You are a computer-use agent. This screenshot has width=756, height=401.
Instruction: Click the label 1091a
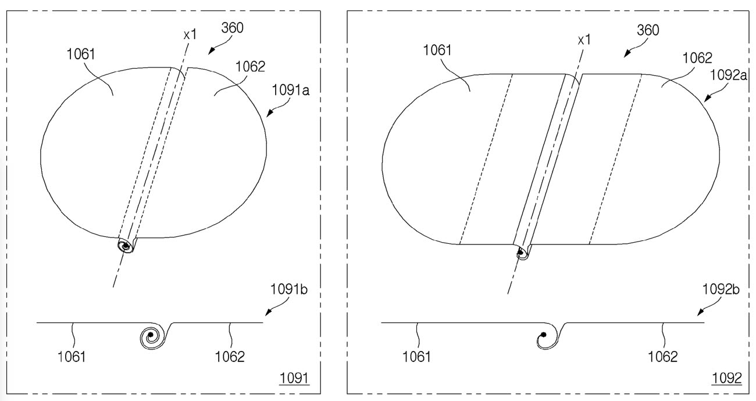click(x=290, y=90)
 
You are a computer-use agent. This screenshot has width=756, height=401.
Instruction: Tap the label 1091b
click(x=289, y=289)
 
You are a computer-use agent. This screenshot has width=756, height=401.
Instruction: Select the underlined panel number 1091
click(x=294, y=378)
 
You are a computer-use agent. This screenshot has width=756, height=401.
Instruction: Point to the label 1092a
click(x=728, y=74)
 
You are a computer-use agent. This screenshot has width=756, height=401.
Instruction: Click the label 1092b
click(x=721, y=289)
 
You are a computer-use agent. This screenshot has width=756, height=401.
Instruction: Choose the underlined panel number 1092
click(x=727, y=378)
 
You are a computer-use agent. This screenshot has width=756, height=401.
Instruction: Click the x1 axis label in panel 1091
click(x=190, y=34)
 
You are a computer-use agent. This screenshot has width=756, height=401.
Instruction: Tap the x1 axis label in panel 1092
click(x=584, y=40)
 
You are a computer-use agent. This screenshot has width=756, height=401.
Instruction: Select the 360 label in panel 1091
click(x=232, y=28)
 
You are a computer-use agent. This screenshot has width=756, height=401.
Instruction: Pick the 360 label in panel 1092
click(x=648, y=30)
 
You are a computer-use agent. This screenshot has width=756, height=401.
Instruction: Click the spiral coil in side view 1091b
click(x=152, y=336)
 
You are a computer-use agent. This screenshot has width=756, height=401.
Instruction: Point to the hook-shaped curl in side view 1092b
click(x=548, y=336)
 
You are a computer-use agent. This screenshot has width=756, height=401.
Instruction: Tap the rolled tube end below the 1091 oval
click(x=126, y=246)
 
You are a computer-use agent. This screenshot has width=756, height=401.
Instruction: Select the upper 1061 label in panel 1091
click(x=81, y=54)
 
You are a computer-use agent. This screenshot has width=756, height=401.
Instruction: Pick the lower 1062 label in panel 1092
click(x=662, y=357)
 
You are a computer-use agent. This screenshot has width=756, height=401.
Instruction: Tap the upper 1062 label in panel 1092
click(x=697, y=58)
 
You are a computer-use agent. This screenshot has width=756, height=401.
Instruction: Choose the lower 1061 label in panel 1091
click(x=72, y=357)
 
